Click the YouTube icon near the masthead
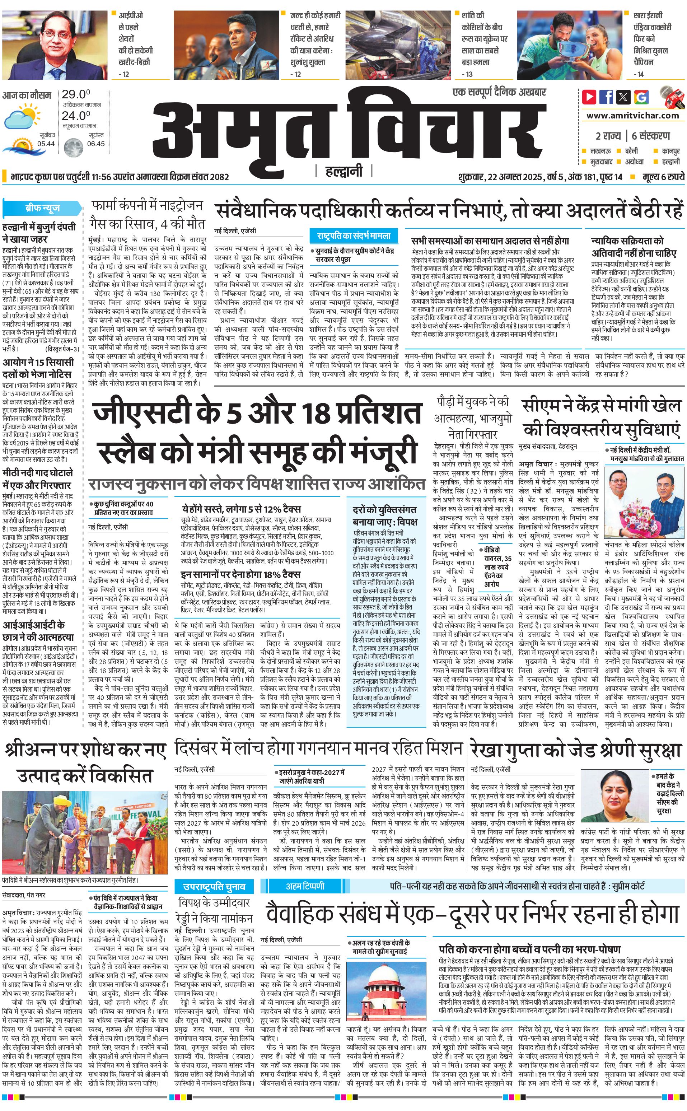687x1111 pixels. pos(589,97)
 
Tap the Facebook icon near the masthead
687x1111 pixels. pos(606,97)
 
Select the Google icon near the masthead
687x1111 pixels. pos(641,97)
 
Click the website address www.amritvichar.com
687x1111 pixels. pos(632,116)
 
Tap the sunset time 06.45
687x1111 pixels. pos(96,144)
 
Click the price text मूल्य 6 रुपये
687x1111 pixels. pos(663,177)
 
